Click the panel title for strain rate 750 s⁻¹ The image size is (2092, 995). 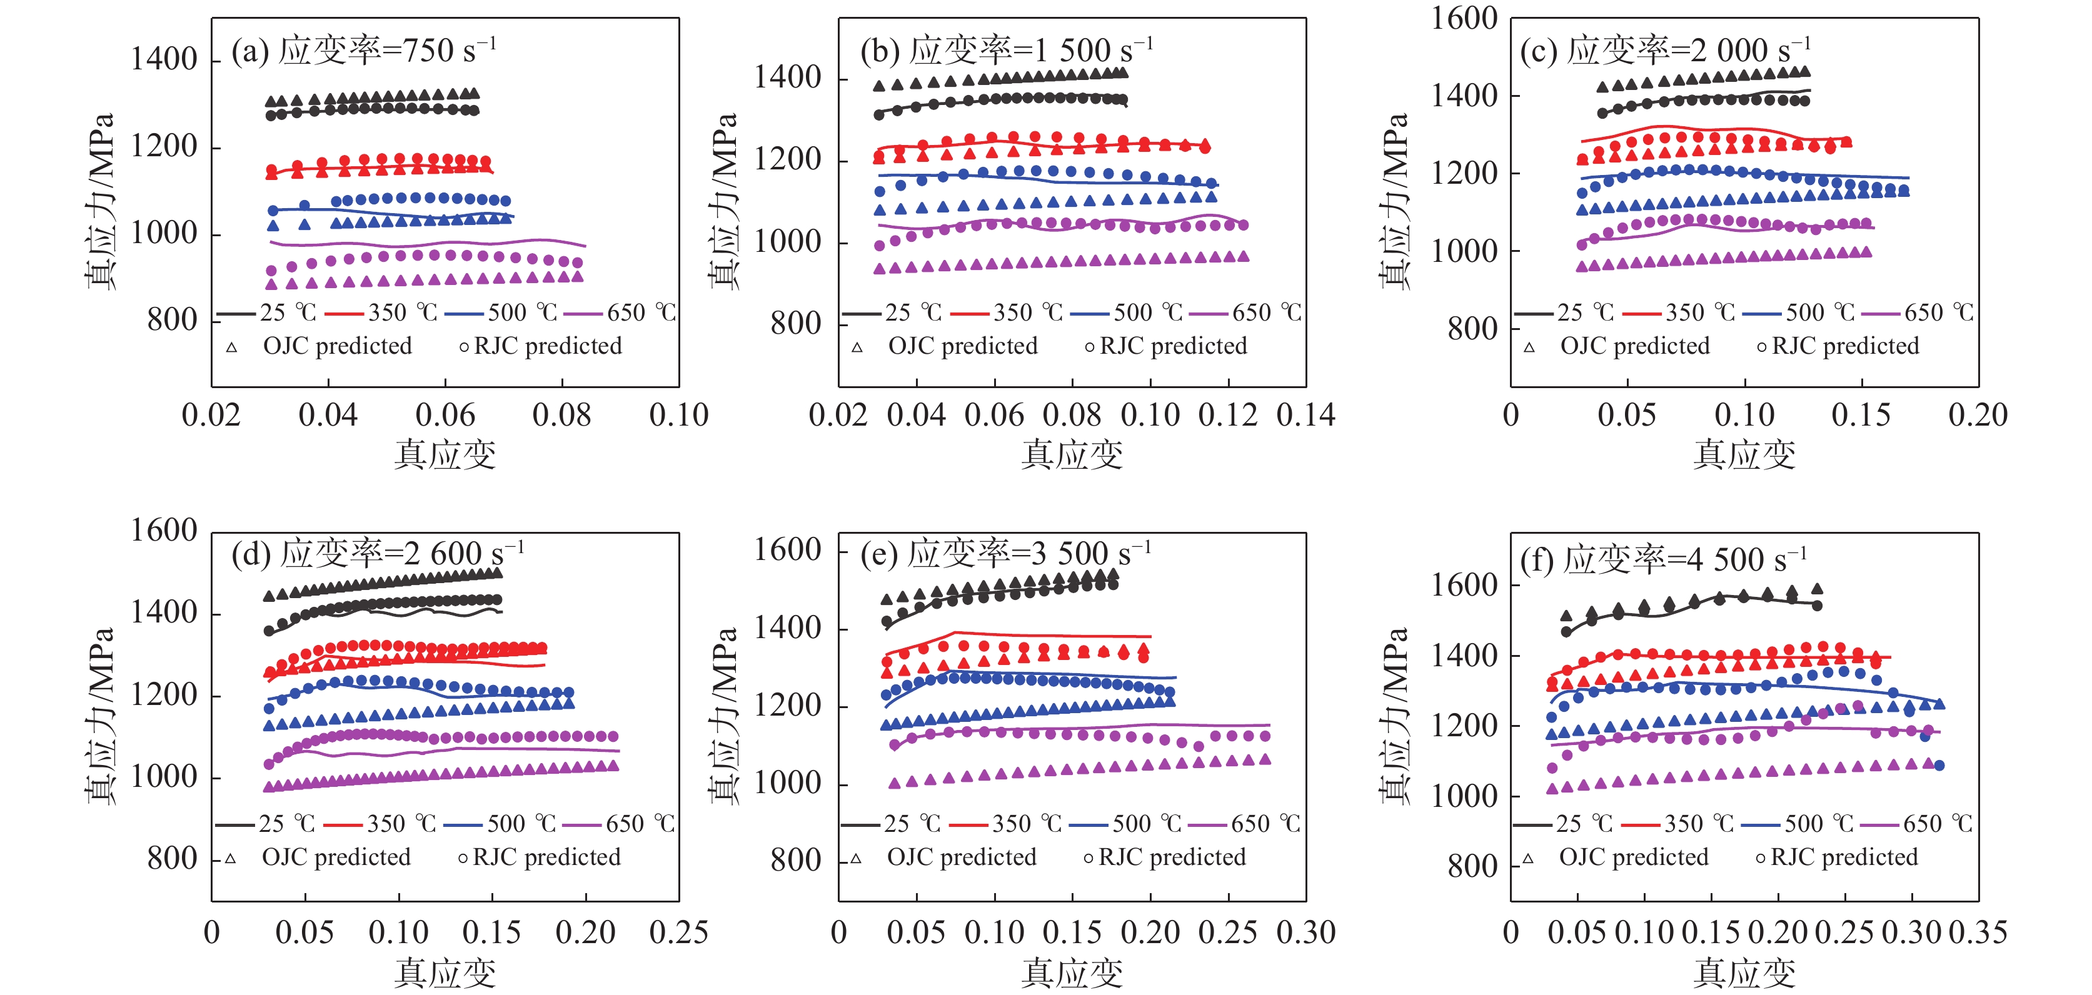(363, 51)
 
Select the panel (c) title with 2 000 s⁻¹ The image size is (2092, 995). (1665, 51)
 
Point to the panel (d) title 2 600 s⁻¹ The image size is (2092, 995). (378, 554)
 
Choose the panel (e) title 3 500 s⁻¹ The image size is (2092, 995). (1005, 554)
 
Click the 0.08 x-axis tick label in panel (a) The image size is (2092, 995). (561, 416)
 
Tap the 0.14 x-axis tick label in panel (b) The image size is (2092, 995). (1305, 416)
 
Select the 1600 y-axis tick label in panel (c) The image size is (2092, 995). (1464, 19)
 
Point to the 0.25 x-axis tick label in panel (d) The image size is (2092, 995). (678, 932)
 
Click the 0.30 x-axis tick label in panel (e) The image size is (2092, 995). (1305, 932)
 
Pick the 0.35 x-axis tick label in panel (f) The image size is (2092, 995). (1978, 932)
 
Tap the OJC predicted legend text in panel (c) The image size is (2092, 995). (1634, 346)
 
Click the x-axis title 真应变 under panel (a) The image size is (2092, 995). (445, 454)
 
